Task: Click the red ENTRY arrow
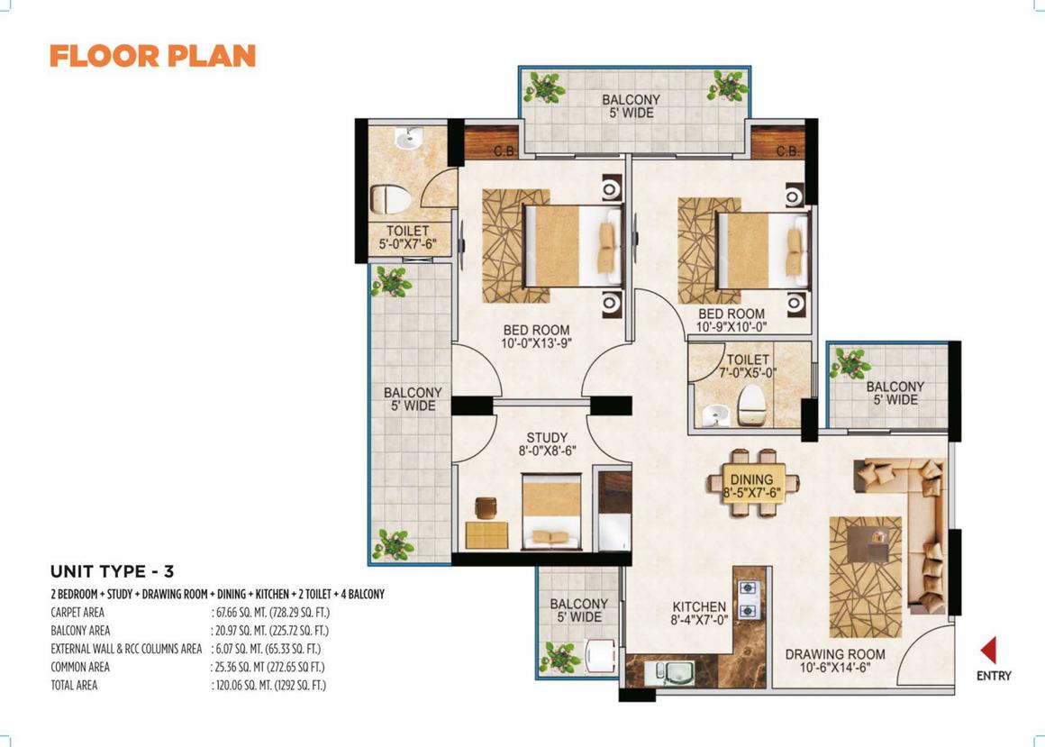[988, 650]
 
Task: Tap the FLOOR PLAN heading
[152, 56]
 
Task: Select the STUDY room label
[547, 438]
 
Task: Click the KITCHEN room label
[699, 607]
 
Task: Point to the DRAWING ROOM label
[835, 654]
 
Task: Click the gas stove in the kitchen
[748, 598]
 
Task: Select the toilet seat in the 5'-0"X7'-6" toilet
[391, 198]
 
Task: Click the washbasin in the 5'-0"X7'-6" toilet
[406, 139]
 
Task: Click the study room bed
[551, 511]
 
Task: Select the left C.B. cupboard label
[505, 152]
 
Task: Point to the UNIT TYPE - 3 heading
[112, 571]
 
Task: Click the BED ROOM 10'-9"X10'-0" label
[731, 321]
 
